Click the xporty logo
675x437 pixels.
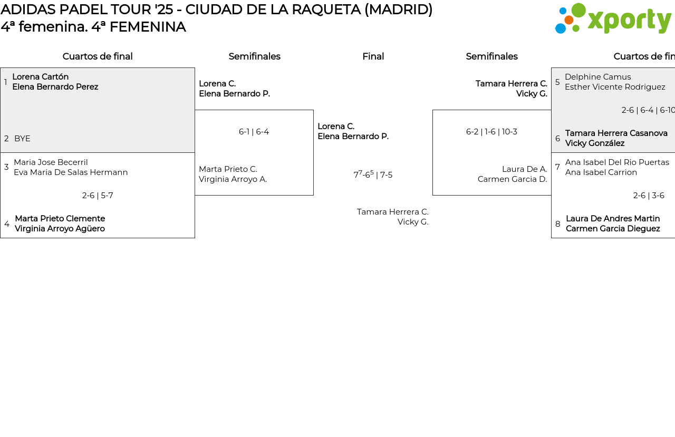pyautogui.click(x=613, y=19)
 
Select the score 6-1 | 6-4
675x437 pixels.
pyautogui.click(x=254, y=132)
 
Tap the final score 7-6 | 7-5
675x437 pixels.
pyautogui.click(x=373, y=174)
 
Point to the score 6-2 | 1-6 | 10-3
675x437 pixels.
pyautogui.click(x=491, y=132)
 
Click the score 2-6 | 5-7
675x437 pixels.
pyautogui.click(x=98, y=196)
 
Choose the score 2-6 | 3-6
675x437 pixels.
pyautogui.click(x=649, y=196)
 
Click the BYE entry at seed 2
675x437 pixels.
pyautogui.click(x=22, y=139)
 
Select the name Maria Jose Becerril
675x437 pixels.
pyautogui.click(x=51, y=162)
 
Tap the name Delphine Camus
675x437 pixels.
pyautogui.click(x=597, y=77)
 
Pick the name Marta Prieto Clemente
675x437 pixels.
pyautogui.click(x=60, y=219)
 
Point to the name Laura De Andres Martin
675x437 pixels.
pyautogui.click(x=613, y=219)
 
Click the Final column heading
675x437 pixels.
pyautogui.click(x=373, y=56)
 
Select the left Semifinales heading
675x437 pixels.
pyautogui.click(x=254, y=56)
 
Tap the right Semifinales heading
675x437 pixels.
pyautogui.click(x=491, y=56)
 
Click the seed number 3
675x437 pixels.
pyautogui.click(x=6, y=167)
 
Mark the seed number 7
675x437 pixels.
pyautogui.click(x=557, y=167)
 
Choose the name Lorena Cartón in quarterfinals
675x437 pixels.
pyautogui.click(x=40, y=77)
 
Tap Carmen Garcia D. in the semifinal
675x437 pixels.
pyautogui.click(x=512, y=179)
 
